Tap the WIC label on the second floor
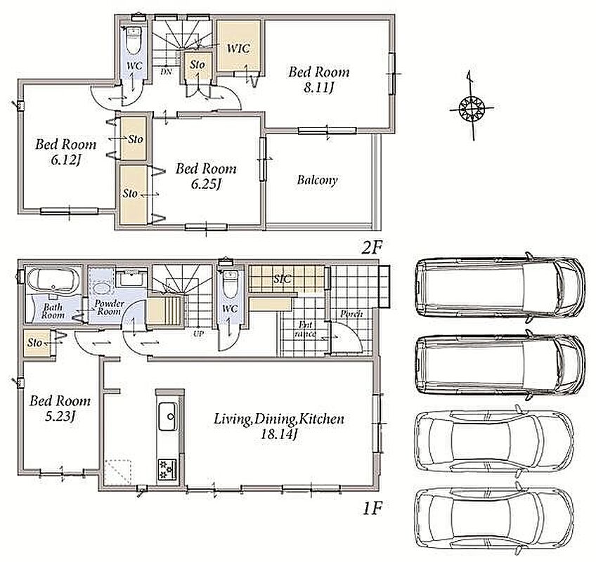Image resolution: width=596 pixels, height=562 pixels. [238, 48]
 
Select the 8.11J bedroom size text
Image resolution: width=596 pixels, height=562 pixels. [318, 88]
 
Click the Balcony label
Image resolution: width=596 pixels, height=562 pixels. [318, 180]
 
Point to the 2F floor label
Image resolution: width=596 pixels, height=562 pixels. [371, 248]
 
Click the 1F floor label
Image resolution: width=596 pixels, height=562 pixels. [372, 508]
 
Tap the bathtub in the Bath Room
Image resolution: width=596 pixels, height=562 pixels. [53, 281]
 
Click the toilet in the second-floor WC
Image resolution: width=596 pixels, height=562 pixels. [134, 40]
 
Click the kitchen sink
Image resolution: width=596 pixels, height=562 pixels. [167, 416]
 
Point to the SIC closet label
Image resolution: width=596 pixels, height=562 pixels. [283, 280]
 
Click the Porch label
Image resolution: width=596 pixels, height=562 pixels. [351, 314]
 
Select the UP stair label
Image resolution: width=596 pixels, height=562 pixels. [198, 334]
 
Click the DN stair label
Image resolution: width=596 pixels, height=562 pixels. [166, 71]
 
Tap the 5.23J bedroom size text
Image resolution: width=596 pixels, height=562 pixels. [60, 417]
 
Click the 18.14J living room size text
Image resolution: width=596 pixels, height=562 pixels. [278, 434]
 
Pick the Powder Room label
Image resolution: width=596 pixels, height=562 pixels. [109, 308]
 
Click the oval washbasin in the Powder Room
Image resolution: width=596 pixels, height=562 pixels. [101, 288]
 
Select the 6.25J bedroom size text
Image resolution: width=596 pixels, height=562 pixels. [206, 185]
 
